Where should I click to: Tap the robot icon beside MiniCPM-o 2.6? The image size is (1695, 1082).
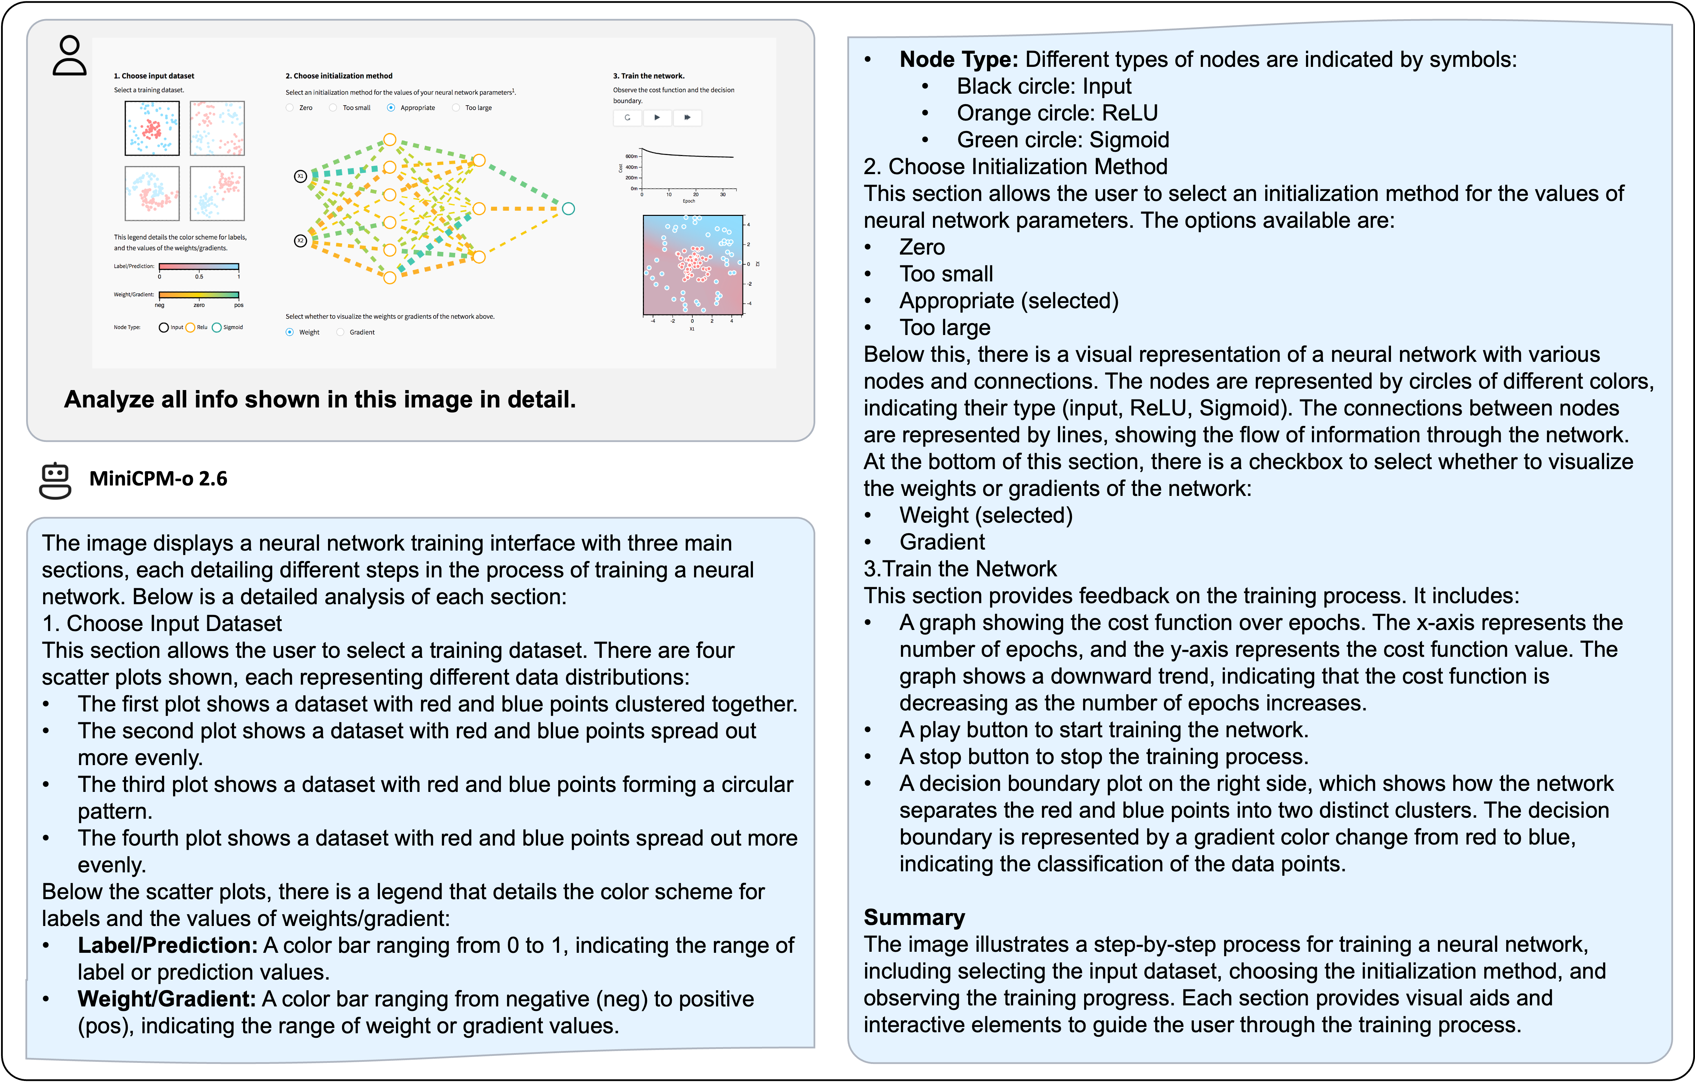tap(55, 481)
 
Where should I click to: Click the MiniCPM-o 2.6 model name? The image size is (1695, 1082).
tap(158, 479)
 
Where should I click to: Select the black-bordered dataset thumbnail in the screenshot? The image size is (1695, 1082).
tap(152, 128)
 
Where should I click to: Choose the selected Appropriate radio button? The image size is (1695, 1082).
tap(391, 108)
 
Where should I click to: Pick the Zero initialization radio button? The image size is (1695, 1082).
tap(289, 108)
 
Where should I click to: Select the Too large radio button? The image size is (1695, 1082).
tap(456, 108)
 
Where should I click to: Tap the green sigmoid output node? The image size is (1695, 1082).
tap(568, 208)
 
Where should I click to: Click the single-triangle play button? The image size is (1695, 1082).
tap(657, 118)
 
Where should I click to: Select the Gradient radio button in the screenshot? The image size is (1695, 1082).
tap(341, 332)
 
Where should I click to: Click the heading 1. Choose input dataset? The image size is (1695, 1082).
tap(154, 76)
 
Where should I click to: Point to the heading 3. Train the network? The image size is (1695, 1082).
tap(648, 76)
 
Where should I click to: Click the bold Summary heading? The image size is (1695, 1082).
tap(913, 917)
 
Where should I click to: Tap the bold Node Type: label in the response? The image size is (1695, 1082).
tap(959, 59)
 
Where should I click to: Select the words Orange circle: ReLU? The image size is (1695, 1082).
tap(1057, 112)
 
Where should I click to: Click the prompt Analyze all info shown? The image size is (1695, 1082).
tap(320, 399)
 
